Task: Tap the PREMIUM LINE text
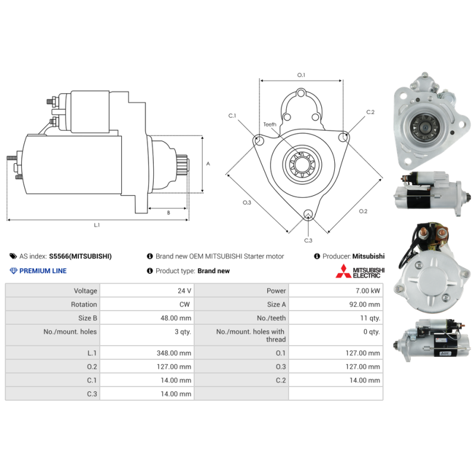click(x=43, y=271)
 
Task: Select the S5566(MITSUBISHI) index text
click(x=80, y=256)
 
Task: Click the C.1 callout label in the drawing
click(x=232, y=115)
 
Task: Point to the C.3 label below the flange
click(x=308, y=240)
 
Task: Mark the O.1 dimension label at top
click(x=301, y=75)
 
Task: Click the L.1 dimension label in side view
click(x=97, y=225)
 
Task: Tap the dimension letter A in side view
click(x=207, y=163)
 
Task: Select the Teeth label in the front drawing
click(x=270, y=125)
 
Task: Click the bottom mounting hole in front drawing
click(x=308, y=215)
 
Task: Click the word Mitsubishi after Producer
click(x=368, y=256)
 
